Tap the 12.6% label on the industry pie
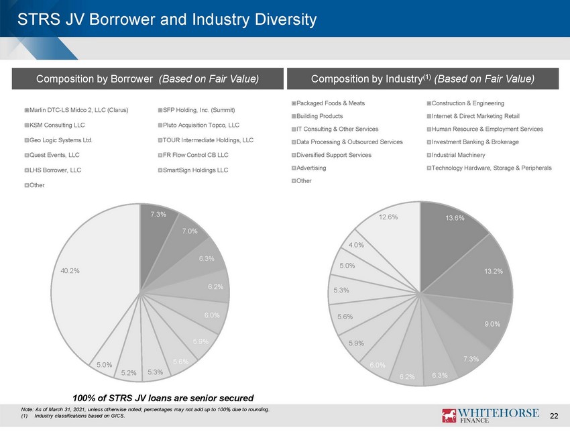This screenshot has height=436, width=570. pyautogui.click(x=388, y=217)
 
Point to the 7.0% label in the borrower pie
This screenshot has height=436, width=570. pyautogui.click(x=190, y=231)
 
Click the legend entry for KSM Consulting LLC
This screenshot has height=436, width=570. pyautogui.click(x=54, y=125)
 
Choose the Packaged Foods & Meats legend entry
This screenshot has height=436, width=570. pyautogui.click(x=328, y=103)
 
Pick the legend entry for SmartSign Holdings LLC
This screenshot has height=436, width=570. pyautogui.click(x=193, y=170)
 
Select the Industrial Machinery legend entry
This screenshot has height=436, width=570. pyautogui.click(x=456, y=155)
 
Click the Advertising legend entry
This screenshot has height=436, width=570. pyautogui.click(x=308, y=168)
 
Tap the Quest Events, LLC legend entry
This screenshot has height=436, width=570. pyautogui.click(x=52, y=155)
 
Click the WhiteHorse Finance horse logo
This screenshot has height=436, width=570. pyautogui.click(x=449, y=415)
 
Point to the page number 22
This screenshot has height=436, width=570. pyautogui.click(x=554, y=416)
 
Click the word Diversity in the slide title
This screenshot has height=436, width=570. pyautogui.click(x=286, y=19)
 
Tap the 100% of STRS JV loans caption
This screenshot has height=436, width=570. pyautogui.click(x=163, y=398)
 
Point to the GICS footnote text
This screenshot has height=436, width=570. pyautogui.click(x=73, y=416)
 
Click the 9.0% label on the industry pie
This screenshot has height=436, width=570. pyautogui.click(x=492, y=324)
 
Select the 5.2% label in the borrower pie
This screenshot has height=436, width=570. pyautogui.click(x=129, y=373)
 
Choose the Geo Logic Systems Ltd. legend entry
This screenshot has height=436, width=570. pyautogui.click(x=58, y=140)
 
